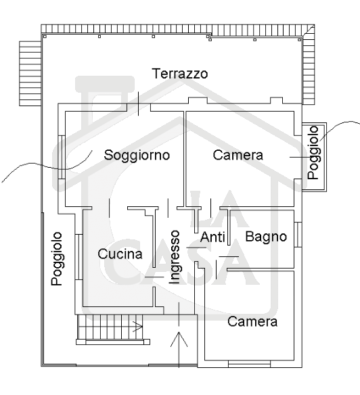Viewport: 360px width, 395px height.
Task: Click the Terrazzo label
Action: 180,74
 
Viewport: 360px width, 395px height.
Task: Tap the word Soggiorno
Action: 137,156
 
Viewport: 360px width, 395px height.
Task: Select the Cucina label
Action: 120,254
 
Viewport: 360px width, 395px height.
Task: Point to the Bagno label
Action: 266,237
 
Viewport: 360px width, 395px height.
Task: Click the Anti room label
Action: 212,237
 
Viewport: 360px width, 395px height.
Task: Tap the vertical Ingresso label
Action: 175,257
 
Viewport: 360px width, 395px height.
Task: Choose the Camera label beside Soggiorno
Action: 238,155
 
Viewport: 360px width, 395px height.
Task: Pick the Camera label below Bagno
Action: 252,321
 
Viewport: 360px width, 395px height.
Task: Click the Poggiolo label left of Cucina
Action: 57,259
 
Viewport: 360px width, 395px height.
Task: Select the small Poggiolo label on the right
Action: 313,153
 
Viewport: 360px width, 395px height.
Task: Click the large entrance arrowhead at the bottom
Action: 179,339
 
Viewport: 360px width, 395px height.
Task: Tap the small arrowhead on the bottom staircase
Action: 139,327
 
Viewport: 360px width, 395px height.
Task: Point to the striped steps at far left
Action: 30,73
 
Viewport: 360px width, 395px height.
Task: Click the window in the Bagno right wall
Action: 298,234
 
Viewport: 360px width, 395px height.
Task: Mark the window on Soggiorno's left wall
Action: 62,157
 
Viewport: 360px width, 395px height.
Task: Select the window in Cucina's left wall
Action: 79,257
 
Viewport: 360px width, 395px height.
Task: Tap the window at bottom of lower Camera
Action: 249,364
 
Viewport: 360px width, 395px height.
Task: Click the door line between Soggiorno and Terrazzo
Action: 139,103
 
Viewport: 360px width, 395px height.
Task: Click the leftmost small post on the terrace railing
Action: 45,37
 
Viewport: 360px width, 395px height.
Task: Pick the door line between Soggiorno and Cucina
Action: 110,208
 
